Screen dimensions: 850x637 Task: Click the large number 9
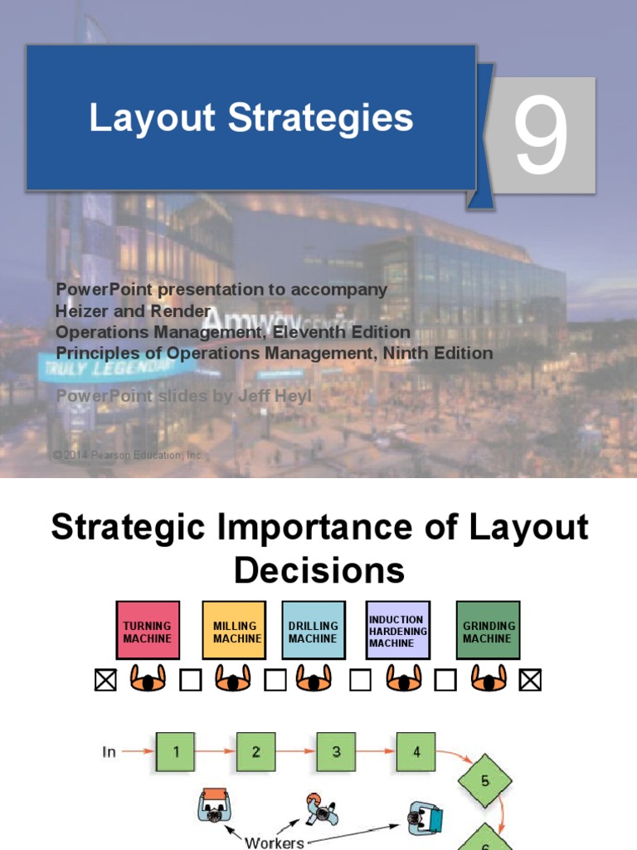point(541,136)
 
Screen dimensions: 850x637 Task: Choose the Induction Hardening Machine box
point(398,631)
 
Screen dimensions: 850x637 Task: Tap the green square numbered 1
point(175,752)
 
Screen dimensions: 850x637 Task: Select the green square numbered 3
point(336,752)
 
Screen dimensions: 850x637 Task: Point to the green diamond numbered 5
point(485,781)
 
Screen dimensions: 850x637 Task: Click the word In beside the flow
point(109,752)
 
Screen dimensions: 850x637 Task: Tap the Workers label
point(274,843)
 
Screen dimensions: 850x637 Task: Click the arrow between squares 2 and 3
point(296,752)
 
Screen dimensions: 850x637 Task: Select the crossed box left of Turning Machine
point(105,681)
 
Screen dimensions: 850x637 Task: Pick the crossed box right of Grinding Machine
point(530,681)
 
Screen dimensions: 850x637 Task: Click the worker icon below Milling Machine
point(233,681)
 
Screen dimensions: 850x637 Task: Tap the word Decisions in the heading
point(319,570)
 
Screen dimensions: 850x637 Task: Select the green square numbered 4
point(416,752)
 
